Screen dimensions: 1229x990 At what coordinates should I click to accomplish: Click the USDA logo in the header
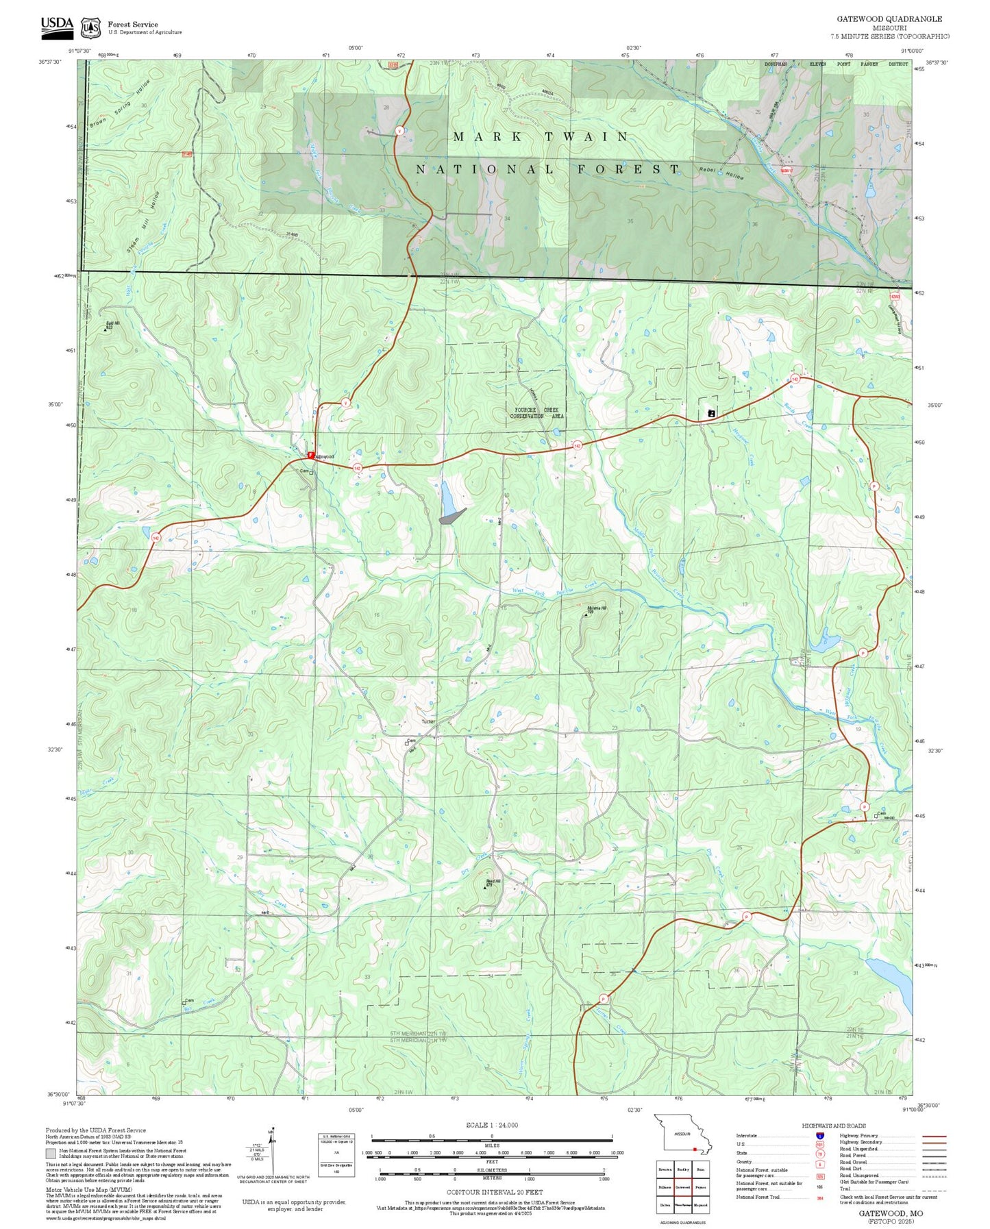57,25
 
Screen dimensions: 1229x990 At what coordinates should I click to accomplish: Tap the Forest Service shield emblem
90,28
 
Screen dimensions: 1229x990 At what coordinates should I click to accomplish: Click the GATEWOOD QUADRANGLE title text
889,18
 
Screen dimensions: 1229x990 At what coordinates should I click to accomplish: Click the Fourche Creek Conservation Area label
536,413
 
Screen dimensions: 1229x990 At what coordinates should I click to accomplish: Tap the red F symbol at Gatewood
310,455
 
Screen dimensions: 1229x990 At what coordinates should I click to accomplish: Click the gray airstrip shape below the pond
451,517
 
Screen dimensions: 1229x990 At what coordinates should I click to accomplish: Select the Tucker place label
428,721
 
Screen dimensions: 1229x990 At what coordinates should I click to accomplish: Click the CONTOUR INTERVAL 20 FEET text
494,1193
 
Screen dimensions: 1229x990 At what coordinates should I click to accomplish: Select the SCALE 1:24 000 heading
491,1125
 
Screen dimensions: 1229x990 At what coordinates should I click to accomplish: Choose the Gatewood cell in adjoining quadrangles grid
682,1187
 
